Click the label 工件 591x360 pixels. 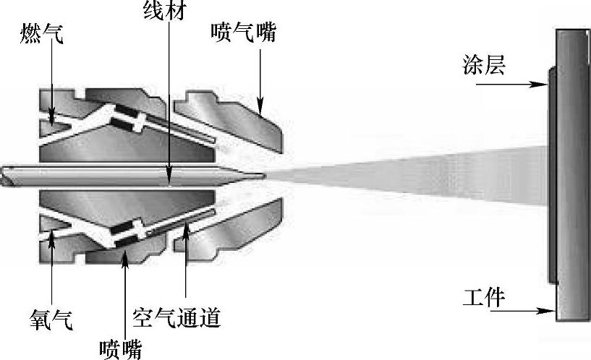[483, 298]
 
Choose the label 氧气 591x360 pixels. [51, 318]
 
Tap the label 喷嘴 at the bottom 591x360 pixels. [121, 348]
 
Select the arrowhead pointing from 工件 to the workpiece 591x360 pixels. [550, 312]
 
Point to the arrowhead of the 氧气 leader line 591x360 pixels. [52, 233]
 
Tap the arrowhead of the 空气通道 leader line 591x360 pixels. [187, 226]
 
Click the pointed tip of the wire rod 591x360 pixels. [264, 175]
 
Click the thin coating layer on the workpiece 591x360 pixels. [551, 173]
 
